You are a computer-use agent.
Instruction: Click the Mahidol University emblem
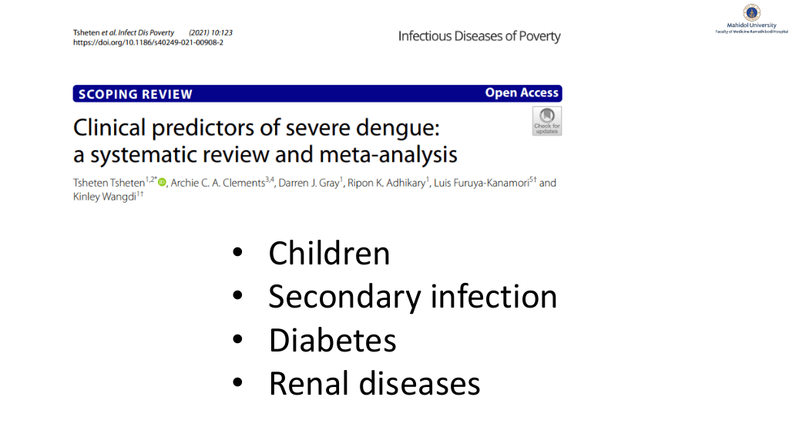coord(752,12)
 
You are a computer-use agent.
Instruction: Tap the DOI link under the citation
coord(148,43)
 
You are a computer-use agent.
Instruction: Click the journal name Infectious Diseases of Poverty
coord(479,36)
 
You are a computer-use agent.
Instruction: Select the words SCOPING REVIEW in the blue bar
coord(136,94)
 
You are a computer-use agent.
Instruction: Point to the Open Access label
coord(522,93)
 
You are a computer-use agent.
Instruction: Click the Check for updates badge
coord(547,121)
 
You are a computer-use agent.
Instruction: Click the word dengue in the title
coord(398,129)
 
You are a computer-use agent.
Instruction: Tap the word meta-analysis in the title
coord(388,154)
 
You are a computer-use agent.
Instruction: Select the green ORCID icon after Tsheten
coord(162,182)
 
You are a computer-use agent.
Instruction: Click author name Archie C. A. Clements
coord(218,183)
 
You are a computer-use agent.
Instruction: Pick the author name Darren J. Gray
coord(309,183)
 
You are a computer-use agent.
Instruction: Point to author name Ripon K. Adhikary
coord(387,183)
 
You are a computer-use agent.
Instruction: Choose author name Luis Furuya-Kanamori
coord(482,183)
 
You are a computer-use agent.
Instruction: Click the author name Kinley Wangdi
coord(105,197)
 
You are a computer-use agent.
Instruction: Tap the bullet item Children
coord(329,253)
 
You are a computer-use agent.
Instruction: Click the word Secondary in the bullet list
coord(344,297)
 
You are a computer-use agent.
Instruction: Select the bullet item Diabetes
coord(333,340)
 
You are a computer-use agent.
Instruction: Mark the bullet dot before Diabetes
coord(237,339)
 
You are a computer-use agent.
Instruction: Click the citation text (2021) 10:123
coord(211,32)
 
